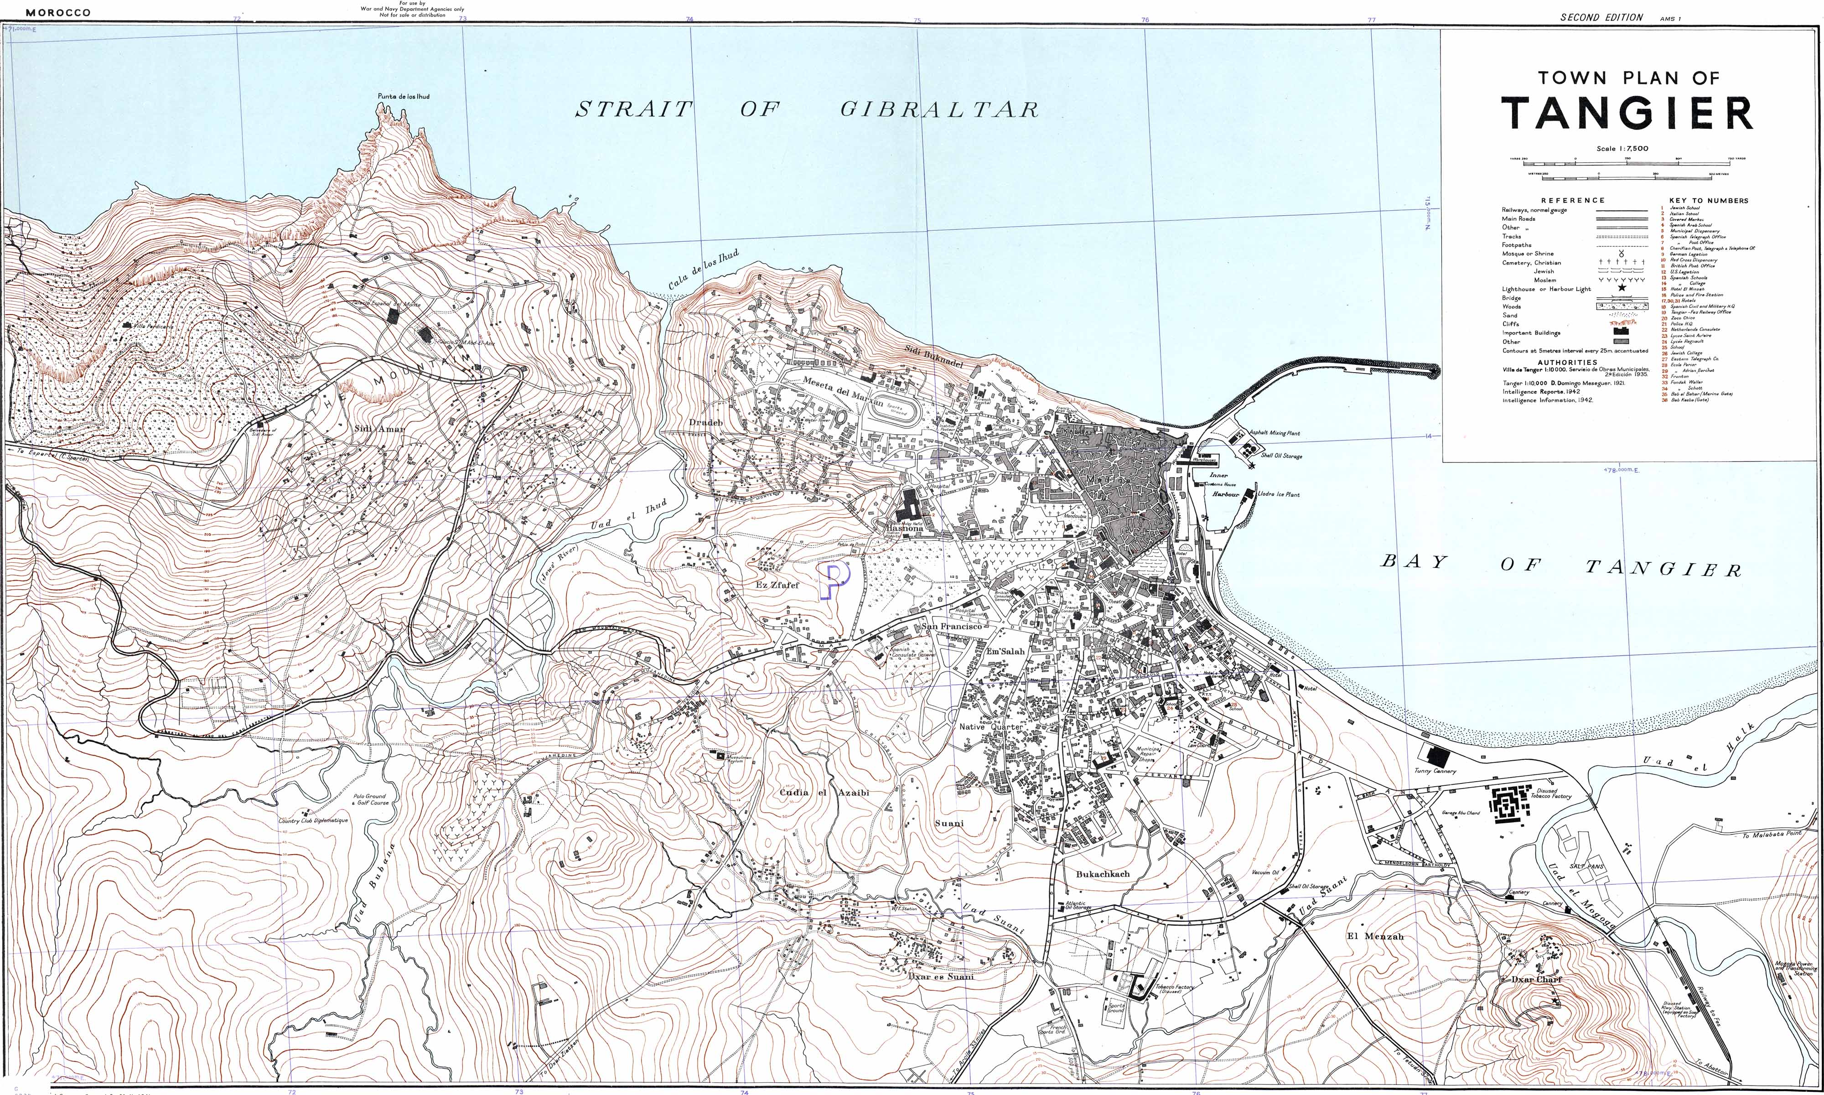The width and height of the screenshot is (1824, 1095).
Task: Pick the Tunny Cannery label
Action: coord(1435,771)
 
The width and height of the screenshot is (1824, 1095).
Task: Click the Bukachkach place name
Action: coord(1103,874)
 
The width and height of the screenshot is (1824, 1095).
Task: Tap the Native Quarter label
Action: coord(990,727)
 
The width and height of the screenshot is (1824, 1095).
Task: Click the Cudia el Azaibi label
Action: coord(824,793)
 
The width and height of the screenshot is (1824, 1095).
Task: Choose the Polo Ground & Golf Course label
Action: coord(369,799)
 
